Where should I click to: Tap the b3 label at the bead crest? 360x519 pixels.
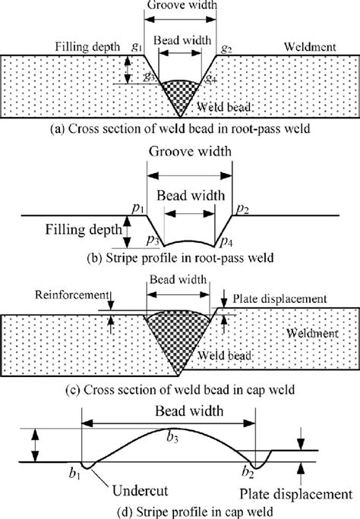(174, 435)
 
